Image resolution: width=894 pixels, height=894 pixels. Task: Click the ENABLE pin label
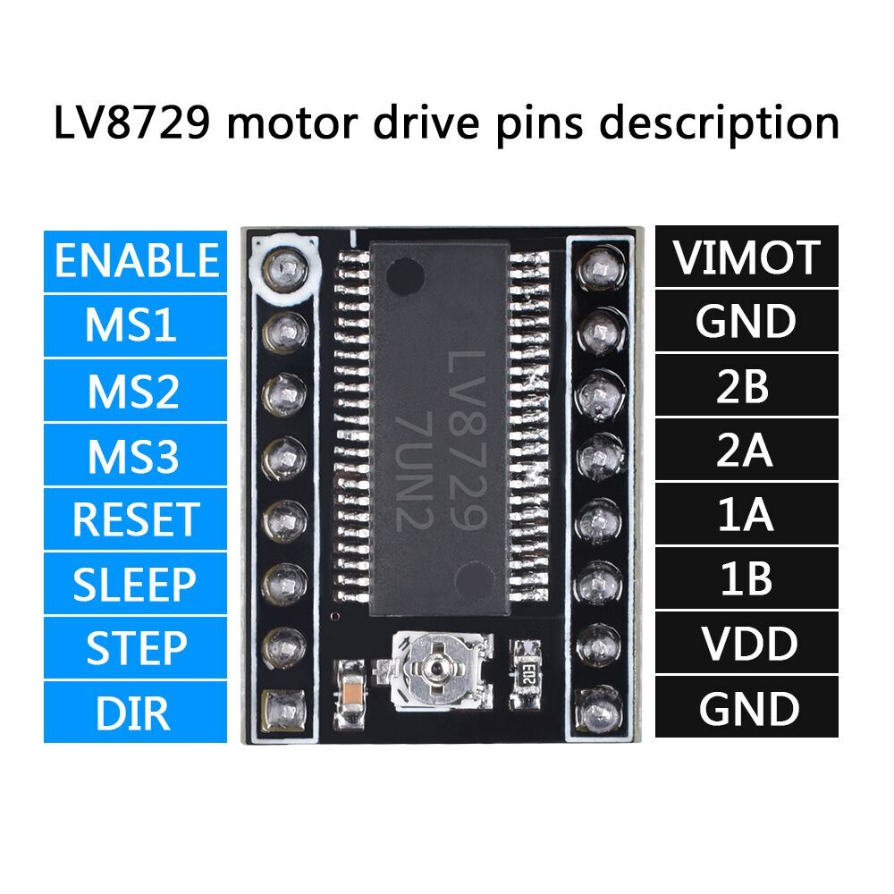(x=135, y=261)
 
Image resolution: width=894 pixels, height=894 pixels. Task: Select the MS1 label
(x=135, y=325)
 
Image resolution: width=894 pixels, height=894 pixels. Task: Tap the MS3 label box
(x=135, y=454)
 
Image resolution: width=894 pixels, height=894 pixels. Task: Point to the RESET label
(x=135, y=519)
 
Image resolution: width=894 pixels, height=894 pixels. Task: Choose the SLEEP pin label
(x=135, y=583)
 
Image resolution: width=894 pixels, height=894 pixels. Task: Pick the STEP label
(x=135, y=647)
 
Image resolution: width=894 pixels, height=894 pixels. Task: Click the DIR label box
(x=135, y=713)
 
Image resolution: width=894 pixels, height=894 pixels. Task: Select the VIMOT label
(x=746, y=257)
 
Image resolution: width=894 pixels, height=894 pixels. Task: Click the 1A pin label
(x=746, y=514)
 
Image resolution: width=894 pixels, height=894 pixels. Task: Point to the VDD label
(x=746, y=643)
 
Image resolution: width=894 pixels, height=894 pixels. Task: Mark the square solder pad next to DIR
(x=283, y=712)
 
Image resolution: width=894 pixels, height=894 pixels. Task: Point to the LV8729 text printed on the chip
(x=467, y=440)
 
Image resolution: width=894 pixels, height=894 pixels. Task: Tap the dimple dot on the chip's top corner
(x=405, y=276)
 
